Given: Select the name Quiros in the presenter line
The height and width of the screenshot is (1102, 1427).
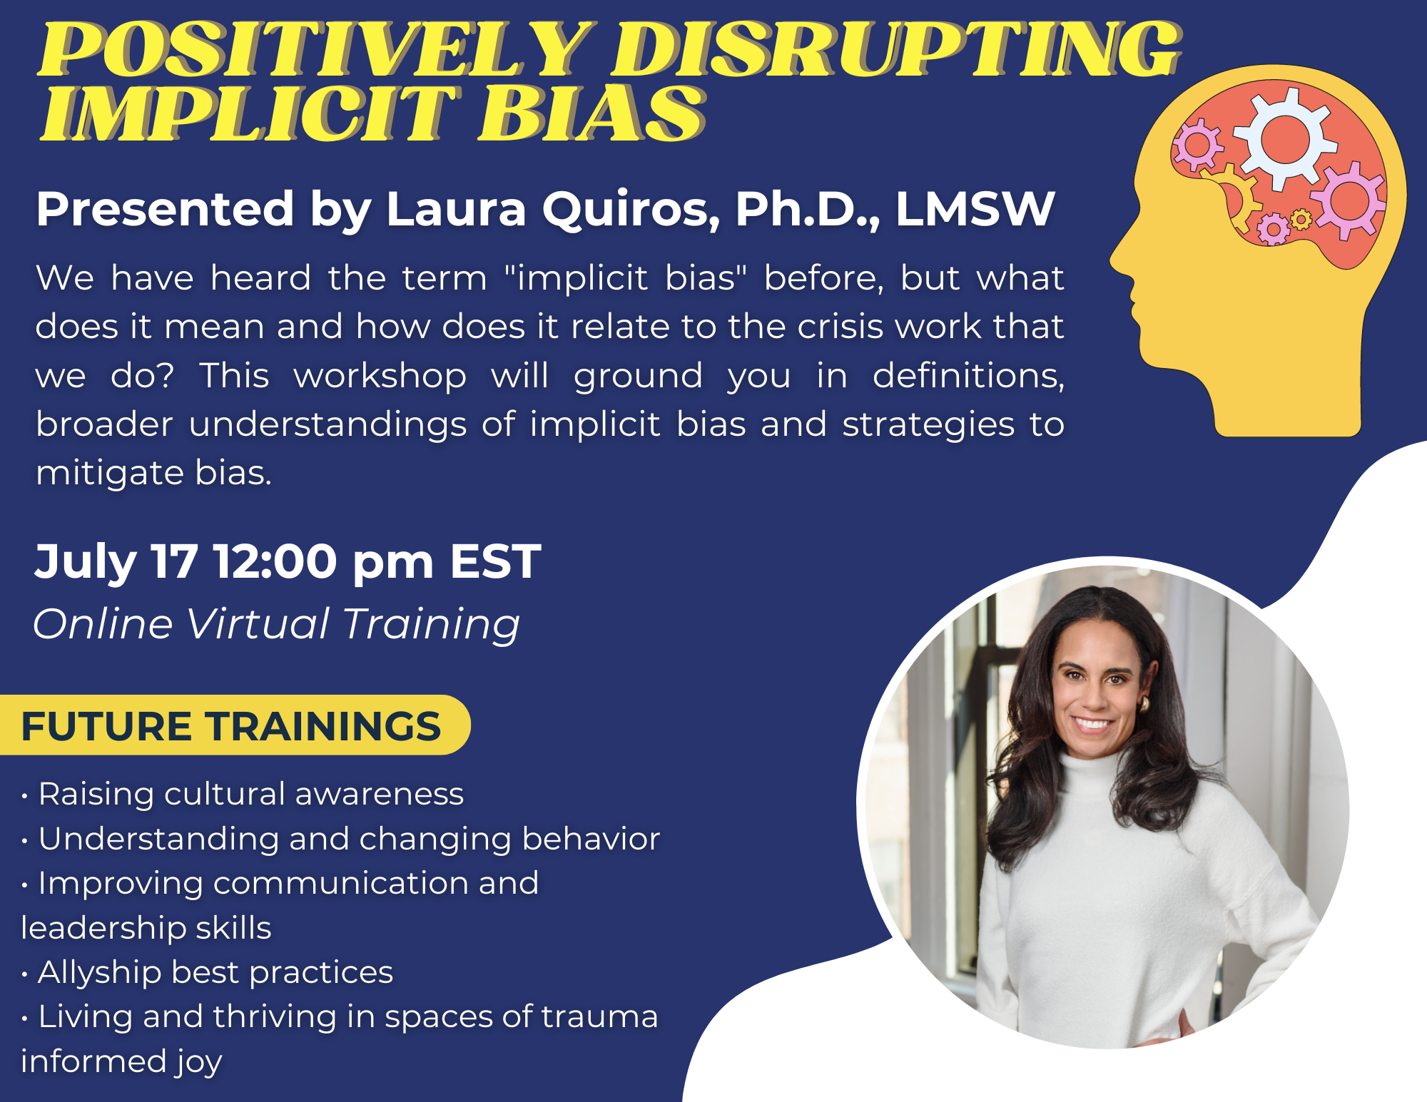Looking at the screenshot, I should coord(631,210).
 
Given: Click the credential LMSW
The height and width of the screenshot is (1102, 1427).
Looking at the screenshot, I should coord(975,210).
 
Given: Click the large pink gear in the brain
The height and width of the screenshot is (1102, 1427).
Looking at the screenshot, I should coord(1349,200).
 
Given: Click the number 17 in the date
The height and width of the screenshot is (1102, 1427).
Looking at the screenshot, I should coord(173,561).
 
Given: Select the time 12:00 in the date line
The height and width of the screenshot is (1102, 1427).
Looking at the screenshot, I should coord(275,561).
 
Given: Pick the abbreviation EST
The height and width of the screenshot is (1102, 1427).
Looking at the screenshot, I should coord(495,561).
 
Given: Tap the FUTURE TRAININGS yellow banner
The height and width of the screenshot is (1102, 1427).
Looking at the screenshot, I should coord(231,725).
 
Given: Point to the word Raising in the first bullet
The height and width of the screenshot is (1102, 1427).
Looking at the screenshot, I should coord(95,794).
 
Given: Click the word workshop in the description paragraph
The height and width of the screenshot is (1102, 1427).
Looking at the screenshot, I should coord(380,376).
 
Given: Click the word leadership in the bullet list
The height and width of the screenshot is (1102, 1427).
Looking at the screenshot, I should coord(93,928).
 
